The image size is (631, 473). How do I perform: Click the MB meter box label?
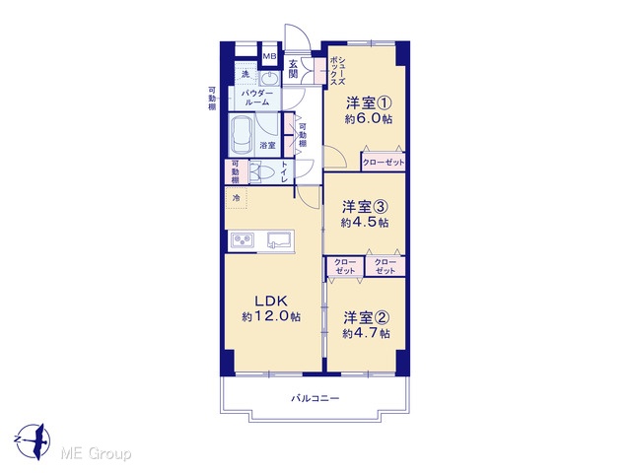pos(269,56)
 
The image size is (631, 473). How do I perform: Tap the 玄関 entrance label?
pos(294,68)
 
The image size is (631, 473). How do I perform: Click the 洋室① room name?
pos(369,103)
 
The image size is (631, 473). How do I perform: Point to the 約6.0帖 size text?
pos(368,119)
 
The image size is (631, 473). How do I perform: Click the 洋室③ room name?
pos(365,207)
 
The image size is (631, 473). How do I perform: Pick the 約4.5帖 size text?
pos(365,223)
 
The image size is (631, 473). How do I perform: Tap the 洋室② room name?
pos(366,317)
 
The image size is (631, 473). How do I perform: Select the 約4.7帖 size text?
pos(366,333)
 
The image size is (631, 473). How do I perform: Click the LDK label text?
pos(271,301)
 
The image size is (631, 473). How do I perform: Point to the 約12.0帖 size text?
pos(271,316)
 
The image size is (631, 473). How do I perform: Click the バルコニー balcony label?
pos(315,398)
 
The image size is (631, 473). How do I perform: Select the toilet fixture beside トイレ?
pos(261,172)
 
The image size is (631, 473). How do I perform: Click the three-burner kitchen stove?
pos(243,240)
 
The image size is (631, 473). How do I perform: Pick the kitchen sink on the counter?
pos(281,240)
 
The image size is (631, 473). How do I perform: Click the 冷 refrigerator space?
pos(237,198)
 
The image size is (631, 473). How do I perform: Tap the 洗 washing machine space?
pos(245,74)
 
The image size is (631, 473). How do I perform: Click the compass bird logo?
pos(34,441)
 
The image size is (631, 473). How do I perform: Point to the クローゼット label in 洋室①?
pos(384,163)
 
